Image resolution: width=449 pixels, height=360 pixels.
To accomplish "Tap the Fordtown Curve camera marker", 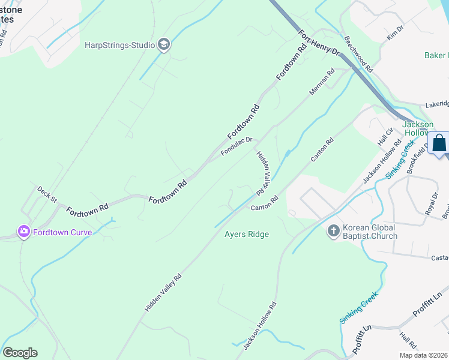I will coord(24,231).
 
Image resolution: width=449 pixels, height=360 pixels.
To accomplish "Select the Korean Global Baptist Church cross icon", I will coord(333,230).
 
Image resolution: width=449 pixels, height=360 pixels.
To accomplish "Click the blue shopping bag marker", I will coord(439,145).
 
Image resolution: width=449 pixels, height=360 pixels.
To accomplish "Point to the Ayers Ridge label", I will coord(247,234).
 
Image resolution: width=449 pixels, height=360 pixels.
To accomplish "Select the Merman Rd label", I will coord(322,82).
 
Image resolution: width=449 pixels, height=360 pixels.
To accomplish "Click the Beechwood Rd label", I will coord(360,59).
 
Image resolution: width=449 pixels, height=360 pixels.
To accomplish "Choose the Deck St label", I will coord(46,194).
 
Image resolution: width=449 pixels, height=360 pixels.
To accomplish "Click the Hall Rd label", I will coord(408,342).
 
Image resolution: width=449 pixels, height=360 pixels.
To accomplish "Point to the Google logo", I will coord(20,352).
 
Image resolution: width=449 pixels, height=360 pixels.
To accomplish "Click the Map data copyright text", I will coord(423,355).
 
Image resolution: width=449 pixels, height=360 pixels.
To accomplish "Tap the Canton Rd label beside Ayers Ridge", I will coord(264,203).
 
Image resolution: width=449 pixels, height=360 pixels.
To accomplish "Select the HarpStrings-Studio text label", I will coord(119,44).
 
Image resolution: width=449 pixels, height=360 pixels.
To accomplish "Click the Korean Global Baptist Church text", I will coord(370,232).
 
